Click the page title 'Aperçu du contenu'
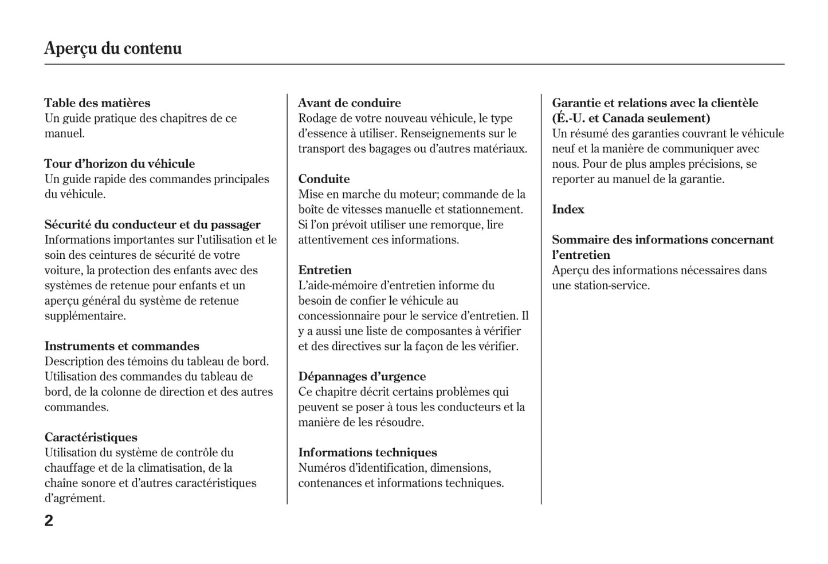point(113,48)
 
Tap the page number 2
point(49,520)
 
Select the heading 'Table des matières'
point(97,103)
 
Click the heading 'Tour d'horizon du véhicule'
point(120,164)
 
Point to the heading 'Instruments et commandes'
point(122,346)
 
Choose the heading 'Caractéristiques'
point(91,437)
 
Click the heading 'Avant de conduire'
point(350,103)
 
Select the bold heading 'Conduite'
point(324,179)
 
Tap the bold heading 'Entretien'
point(325,270)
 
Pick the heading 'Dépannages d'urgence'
point(362,377)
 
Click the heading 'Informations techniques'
point(367,452)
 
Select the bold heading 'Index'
point(568,210)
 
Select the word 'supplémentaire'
point(84,316)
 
